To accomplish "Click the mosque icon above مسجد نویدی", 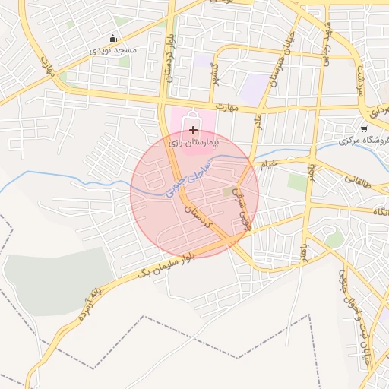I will point(113,39).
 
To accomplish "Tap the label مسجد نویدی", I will point(113,49).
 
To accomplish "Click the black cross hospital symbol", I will point(193,131).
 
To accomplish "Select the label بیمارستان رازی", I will point(193,142).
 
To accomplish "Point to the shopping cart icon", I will point(364,128).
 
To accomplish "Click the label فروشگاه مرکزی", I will point(363,141).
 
